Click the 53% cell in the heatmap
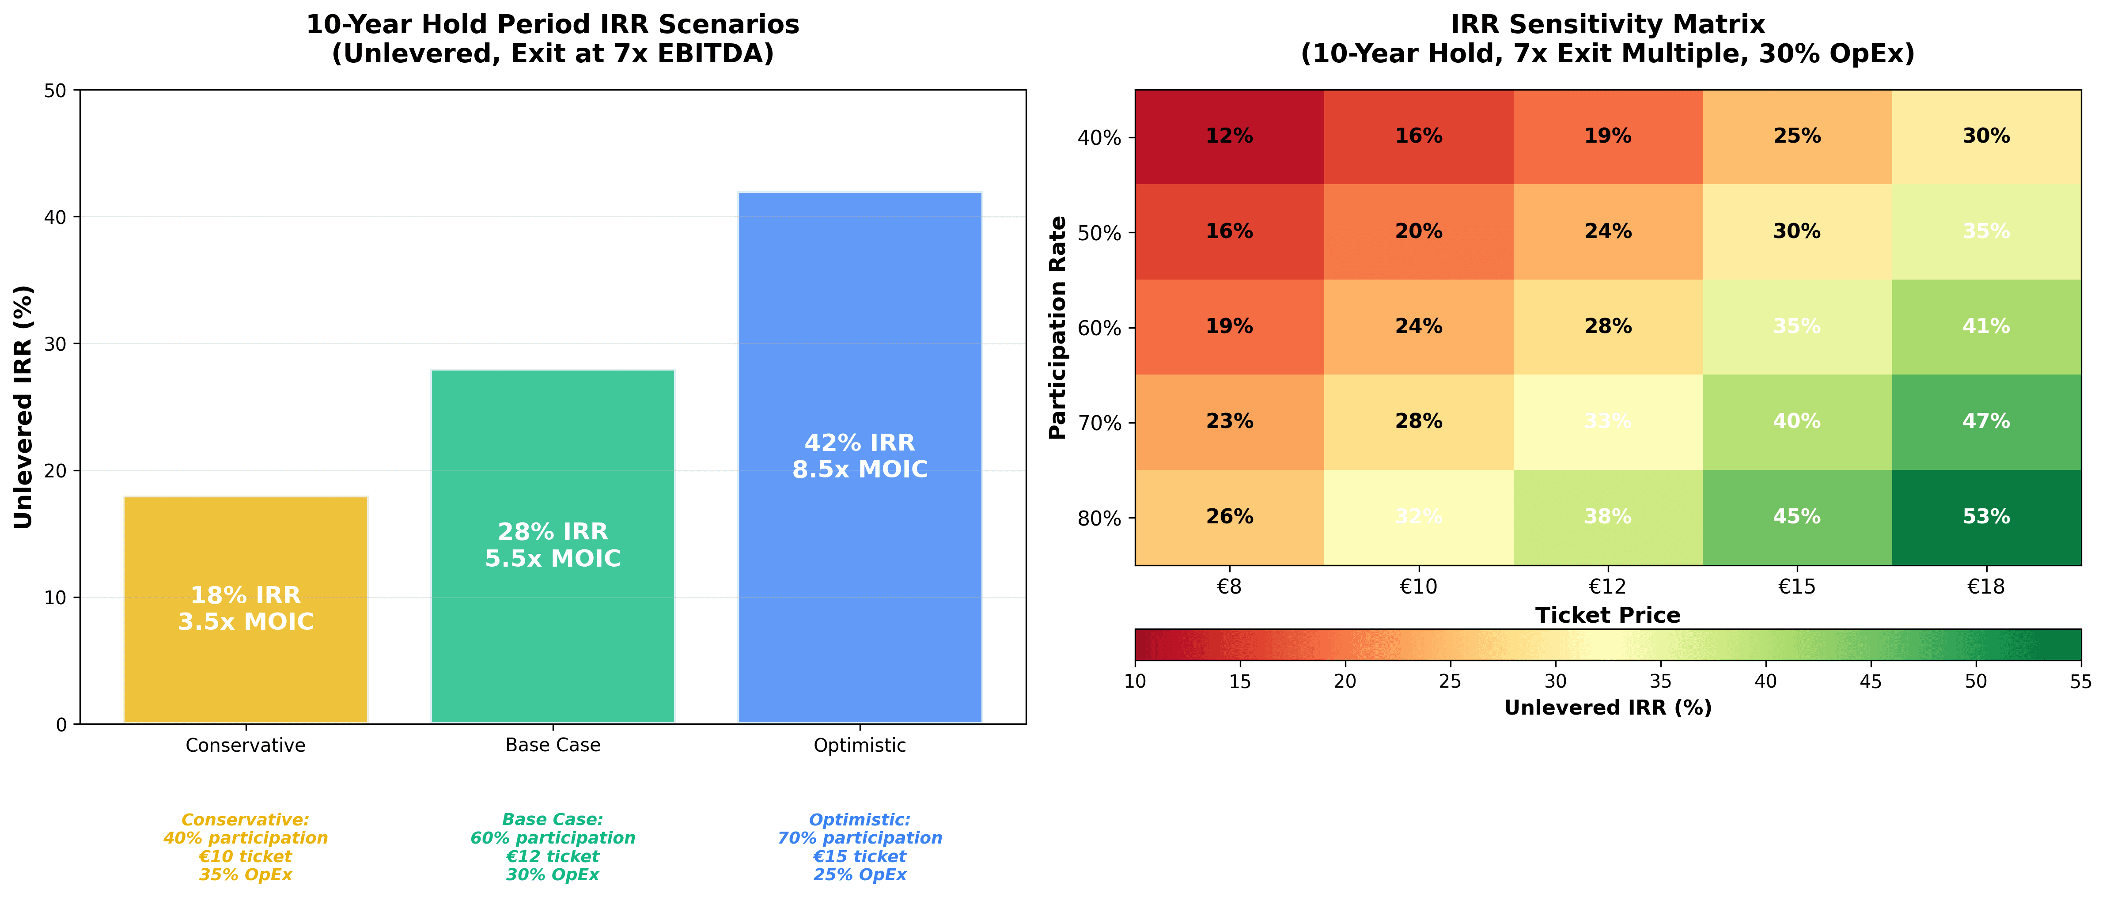tap(1986, 517)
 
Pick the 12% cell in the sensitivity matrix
tap(1229, 136)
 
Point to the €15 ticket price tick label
tap(1796, 586)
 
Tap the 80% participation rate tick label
tap(1099, 519)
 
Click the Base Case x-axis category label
tap(553, 746)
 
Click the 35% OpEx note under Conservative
tap(245, 875)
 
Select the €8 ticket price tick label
tap(1229, 586)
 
